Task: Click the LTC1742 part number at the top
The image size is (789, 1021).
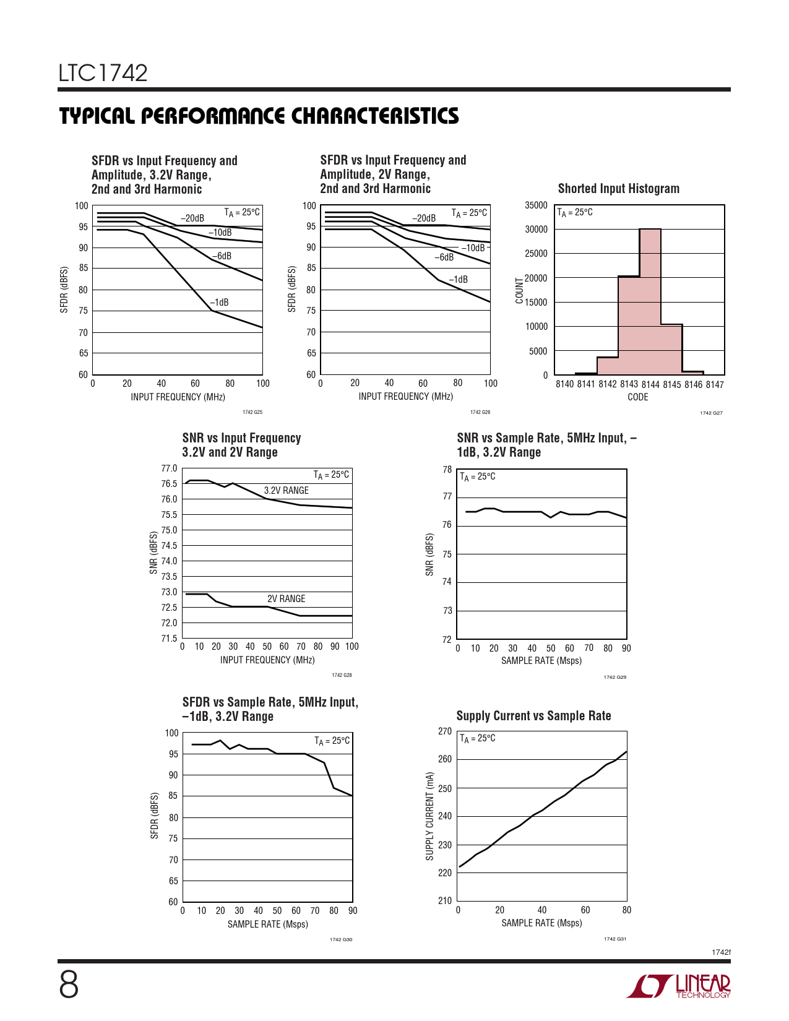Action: (103, 73)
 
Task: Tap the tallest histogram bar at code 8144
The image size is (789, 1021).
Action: (650, 302)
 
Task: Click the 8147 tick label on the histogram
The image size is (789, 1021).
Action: (715, 385)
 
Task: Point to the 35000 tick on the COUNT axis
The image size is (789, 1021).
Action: (536, 205)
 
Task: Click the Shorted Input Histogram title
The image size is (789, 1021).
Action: (618, 189)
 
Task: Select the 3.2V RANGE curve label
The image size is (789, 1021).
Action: (286, 491)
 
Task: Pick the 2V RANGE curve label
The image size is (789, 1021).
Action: (286, 599)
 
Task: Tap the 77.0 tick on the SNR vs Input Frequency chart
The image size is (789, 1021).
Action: (169, 468)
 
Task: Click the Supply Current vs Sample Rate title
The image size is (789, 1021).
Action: (533, 716)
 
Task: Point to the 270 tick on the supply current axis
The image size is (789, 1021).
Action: (444, 731)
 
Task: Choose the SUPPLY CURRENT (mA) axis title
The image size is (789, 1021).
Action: (429, 816)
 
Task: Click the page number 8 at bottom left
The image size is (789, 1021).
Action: (69, 984)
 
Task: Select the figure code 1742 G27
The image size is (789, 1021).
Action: (711, 413)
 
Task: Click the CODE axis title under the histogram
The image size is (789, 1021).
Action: (637, 397)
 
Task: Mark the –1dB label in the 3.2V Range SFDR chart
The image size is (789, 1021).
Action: (219, 303)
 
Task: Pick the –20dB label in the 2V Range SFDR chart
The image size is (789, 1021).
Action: (424, 218)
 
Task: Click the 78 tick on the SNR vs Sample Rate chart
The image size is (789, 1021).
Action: (447, 470)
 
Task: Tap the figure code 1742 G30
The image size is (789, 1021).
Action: (340, 939)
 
